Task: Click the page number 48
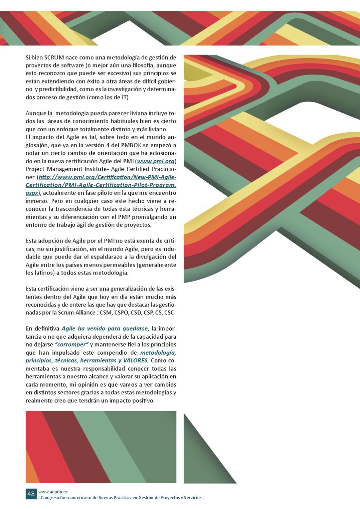[x=31, y=494]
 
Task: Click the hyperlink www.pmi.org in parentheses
[x=156, y=161]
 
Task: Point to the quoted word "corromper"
[x=72, y=344]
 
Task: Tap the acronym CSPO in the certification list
[x=120, y=313]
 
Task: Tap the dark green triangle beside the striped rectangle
[x=200, y=461]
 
